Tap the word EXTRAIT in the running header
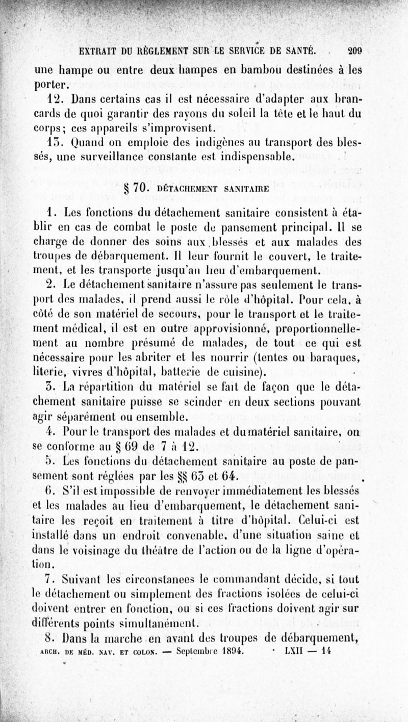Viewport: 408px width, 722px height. [97, 51]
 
